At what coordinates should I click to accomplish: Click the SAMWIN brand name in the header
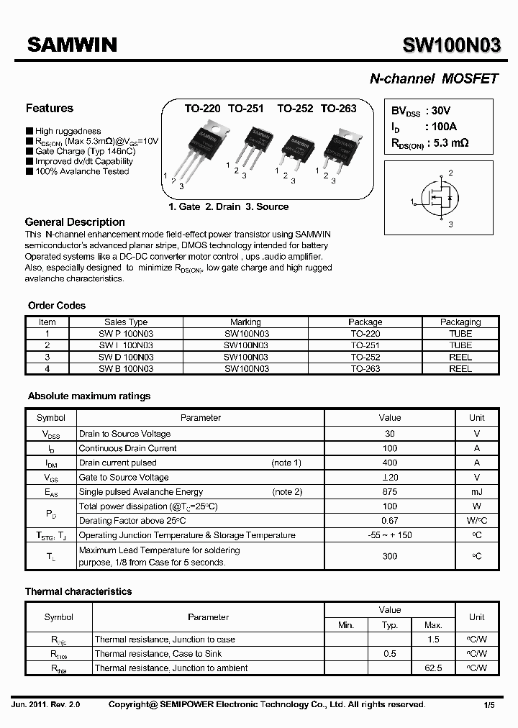click(x=72, y=45)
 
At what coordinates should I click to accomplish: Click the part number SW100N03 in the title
click(x=450, y=46)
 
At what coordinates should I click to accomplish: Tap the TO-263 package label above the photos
click(x=338, y=108)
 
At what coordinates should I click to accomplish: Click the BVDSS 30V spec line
click(x=421, y=112)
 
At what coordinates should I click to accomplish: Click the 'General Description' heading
click(x=75, y=222)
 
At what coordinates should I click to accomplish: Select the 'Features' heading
click(x=50, y=109)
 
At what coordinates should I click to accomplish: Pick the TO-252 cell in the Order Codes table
click(x=365, y=357)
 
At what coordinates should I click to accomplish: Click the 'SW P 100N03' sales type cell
click(x=126, y=334)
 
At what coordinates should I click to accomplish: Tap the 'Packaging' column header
click(x=460, y=322)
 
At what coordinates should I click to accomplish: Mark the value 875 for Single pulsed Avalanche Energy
click(x=389, y=492)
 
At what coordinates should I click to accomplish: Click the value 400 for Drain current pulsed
click(x=389, y=463)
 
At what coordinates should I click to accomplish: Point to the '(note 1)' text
click(x=286, y=463)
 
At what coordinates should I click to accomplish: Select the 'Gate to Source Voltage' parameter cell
click(x=124, y=477)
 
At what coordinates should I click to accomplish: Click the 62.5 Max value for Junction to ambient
click(x=433, y=668)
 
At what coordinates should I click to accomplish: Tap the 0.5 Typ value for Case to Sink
click(x=390, y=654)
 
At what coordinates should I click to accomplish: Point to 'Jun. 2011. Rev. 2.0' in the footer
click(x=47, y=705)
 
